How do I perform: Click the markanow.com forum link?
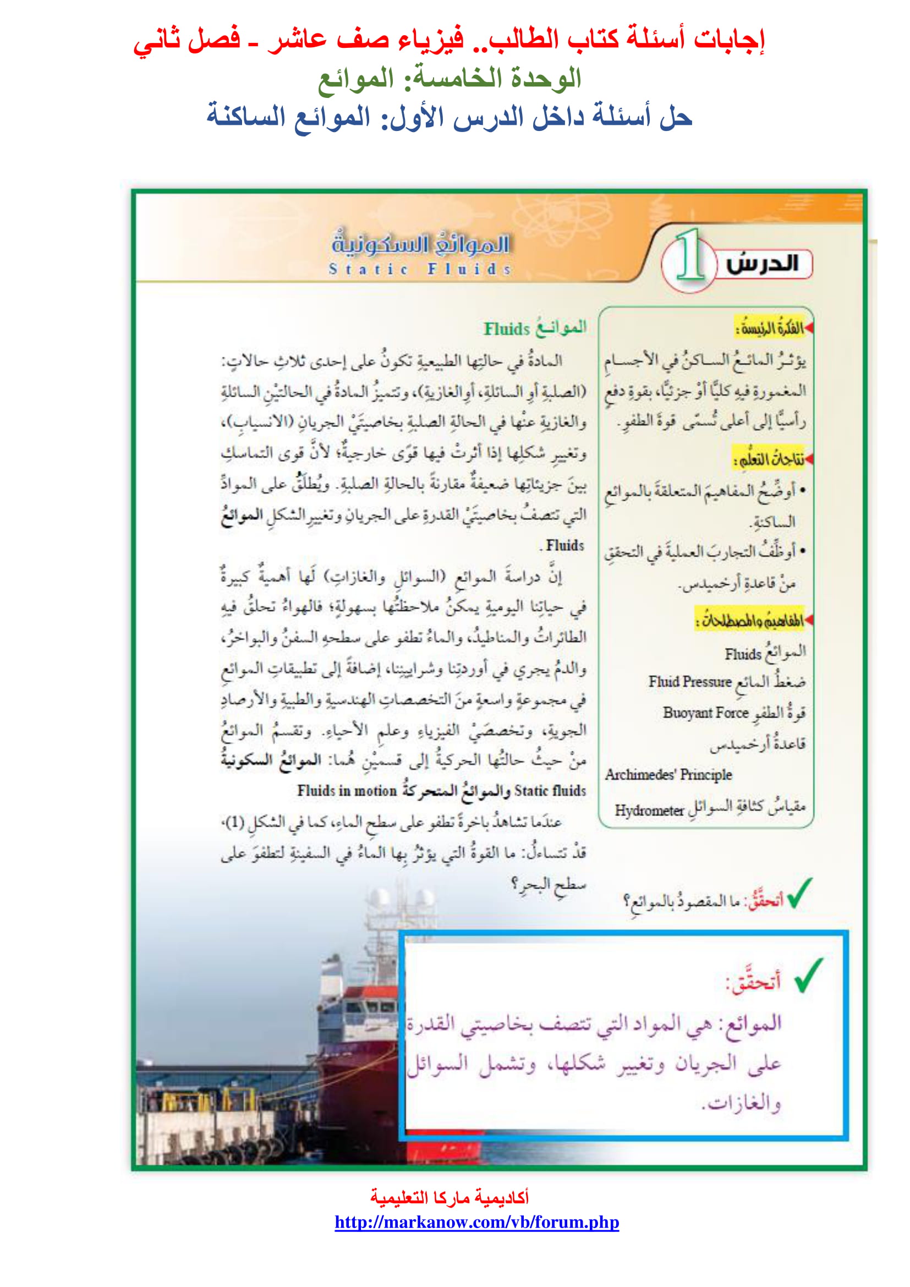pos(476,1222)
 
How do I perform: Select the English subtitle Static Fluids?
pos(420,269)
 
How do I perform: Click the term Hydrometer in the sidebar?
pos(649,810)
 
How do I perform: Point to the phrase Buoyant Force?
pos(705,713)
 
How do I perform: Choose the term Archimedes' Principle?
pos(668,775)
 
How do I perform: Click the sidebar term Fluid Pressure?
pos(690,682)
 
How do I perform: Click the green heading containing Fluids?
pos(535,328)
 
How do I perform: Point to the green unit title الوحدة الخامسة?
pos(449,79)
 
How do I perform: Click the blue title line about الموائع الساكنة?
pos(449,117)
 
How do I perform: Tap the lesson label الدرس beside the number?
pos(762,264)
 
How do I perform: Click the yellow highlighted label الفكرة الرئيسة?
pos(770,328)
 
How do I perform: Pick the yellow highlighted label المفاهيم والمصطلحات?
pos(750,620)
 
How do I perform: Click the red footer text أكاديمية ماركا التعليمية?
pos(449,1197)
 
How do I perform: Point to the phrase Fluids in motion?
pos(347,790)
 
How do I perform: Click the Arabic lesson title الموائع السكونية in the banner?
pos(420,244)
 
